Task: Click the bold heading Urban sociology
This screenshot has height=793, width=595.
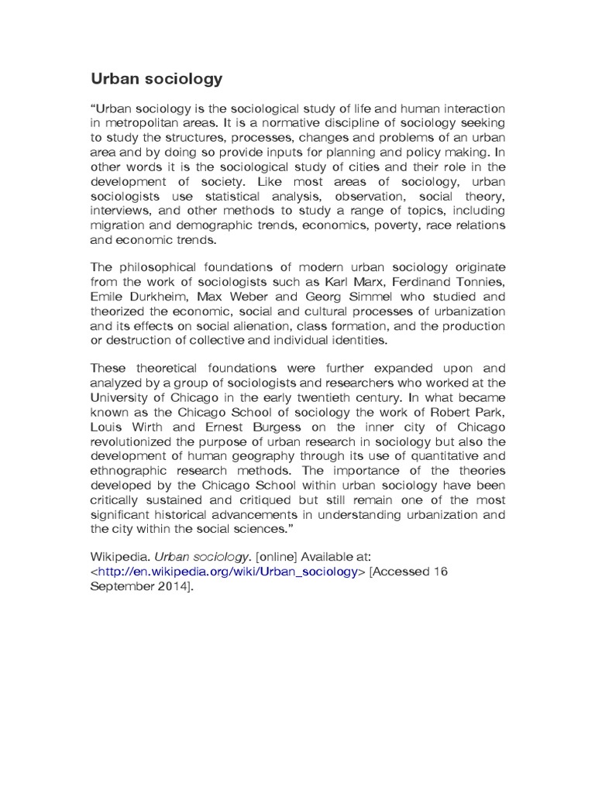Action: [x=156, y=78]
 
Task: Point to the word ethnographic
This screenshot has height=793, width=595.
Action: [x=133, y=470]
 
